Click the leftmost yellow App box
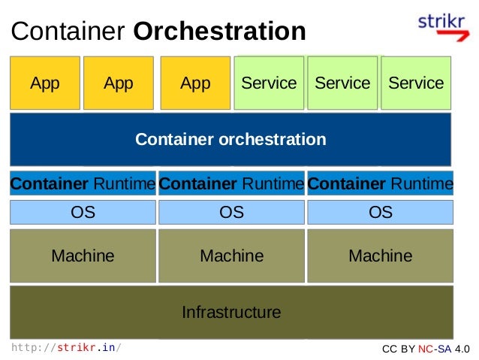(44, 83)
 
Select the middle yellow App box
(118, 83)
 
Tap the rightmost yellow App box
(195, 83)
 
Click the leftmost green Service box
(269, 83)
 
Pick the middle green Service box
(342, 83)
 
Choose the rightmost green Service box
(416, 83)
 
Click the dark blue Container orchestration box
(230, 139)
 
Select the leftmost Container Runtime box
(83, 183)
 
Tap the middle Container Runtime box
(231, 183)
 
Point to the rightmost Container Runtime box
(381, 183)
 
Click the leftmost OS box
(83, 213)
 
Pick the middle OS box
(231, 213)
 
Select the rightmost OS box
(381, 213)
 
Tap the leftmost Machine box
(83, 256)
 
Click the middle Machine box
(231, 256)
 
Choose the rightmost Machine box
(381, 256)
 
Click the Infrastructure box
(231, 311)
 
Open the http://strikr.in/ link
(66, 348)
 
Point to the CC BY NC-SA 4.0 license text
(426, 349)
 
